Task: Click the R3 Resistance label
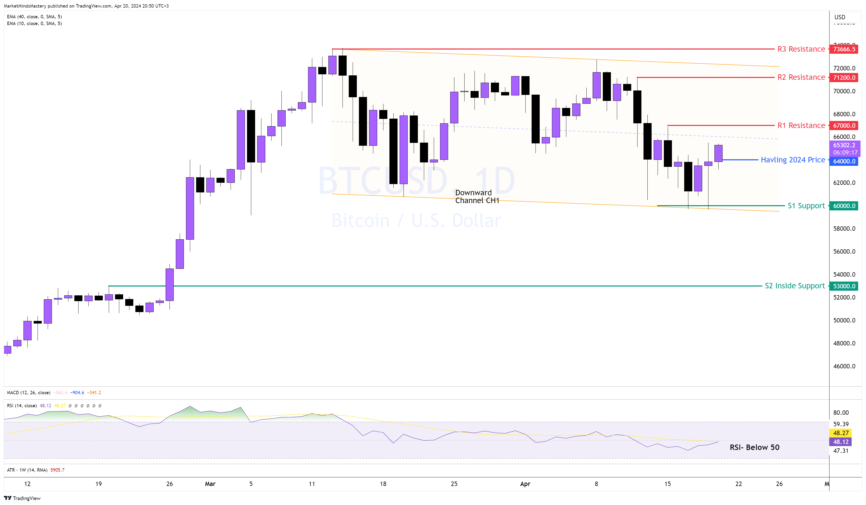[801, 49]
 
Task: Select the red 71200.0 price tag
[844, 78]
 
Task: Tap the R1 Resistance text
[801, 125]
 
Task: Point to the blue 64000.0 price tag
[844, 161]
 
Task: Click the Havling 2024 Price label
[792, 160]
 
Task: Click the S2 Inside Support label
[795, 286]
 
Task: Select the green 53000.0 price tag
[844, 286]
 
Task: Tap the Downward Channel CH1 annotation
[477, 197]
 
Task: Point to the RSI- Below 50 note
[754, 447]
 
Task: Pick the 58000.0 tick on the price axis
[844, 228]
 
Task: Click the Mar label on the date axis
[210, 484]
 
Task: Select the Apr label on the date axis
[525, 484]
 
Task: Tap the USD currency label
[840, 17]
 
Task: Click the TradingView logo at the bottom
[22, 498]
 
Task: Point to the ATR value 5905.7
[57, 470]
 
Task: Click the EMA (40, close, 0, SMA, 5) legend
[34, 16]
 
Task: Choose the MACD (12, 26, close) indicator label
[28, 393]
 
